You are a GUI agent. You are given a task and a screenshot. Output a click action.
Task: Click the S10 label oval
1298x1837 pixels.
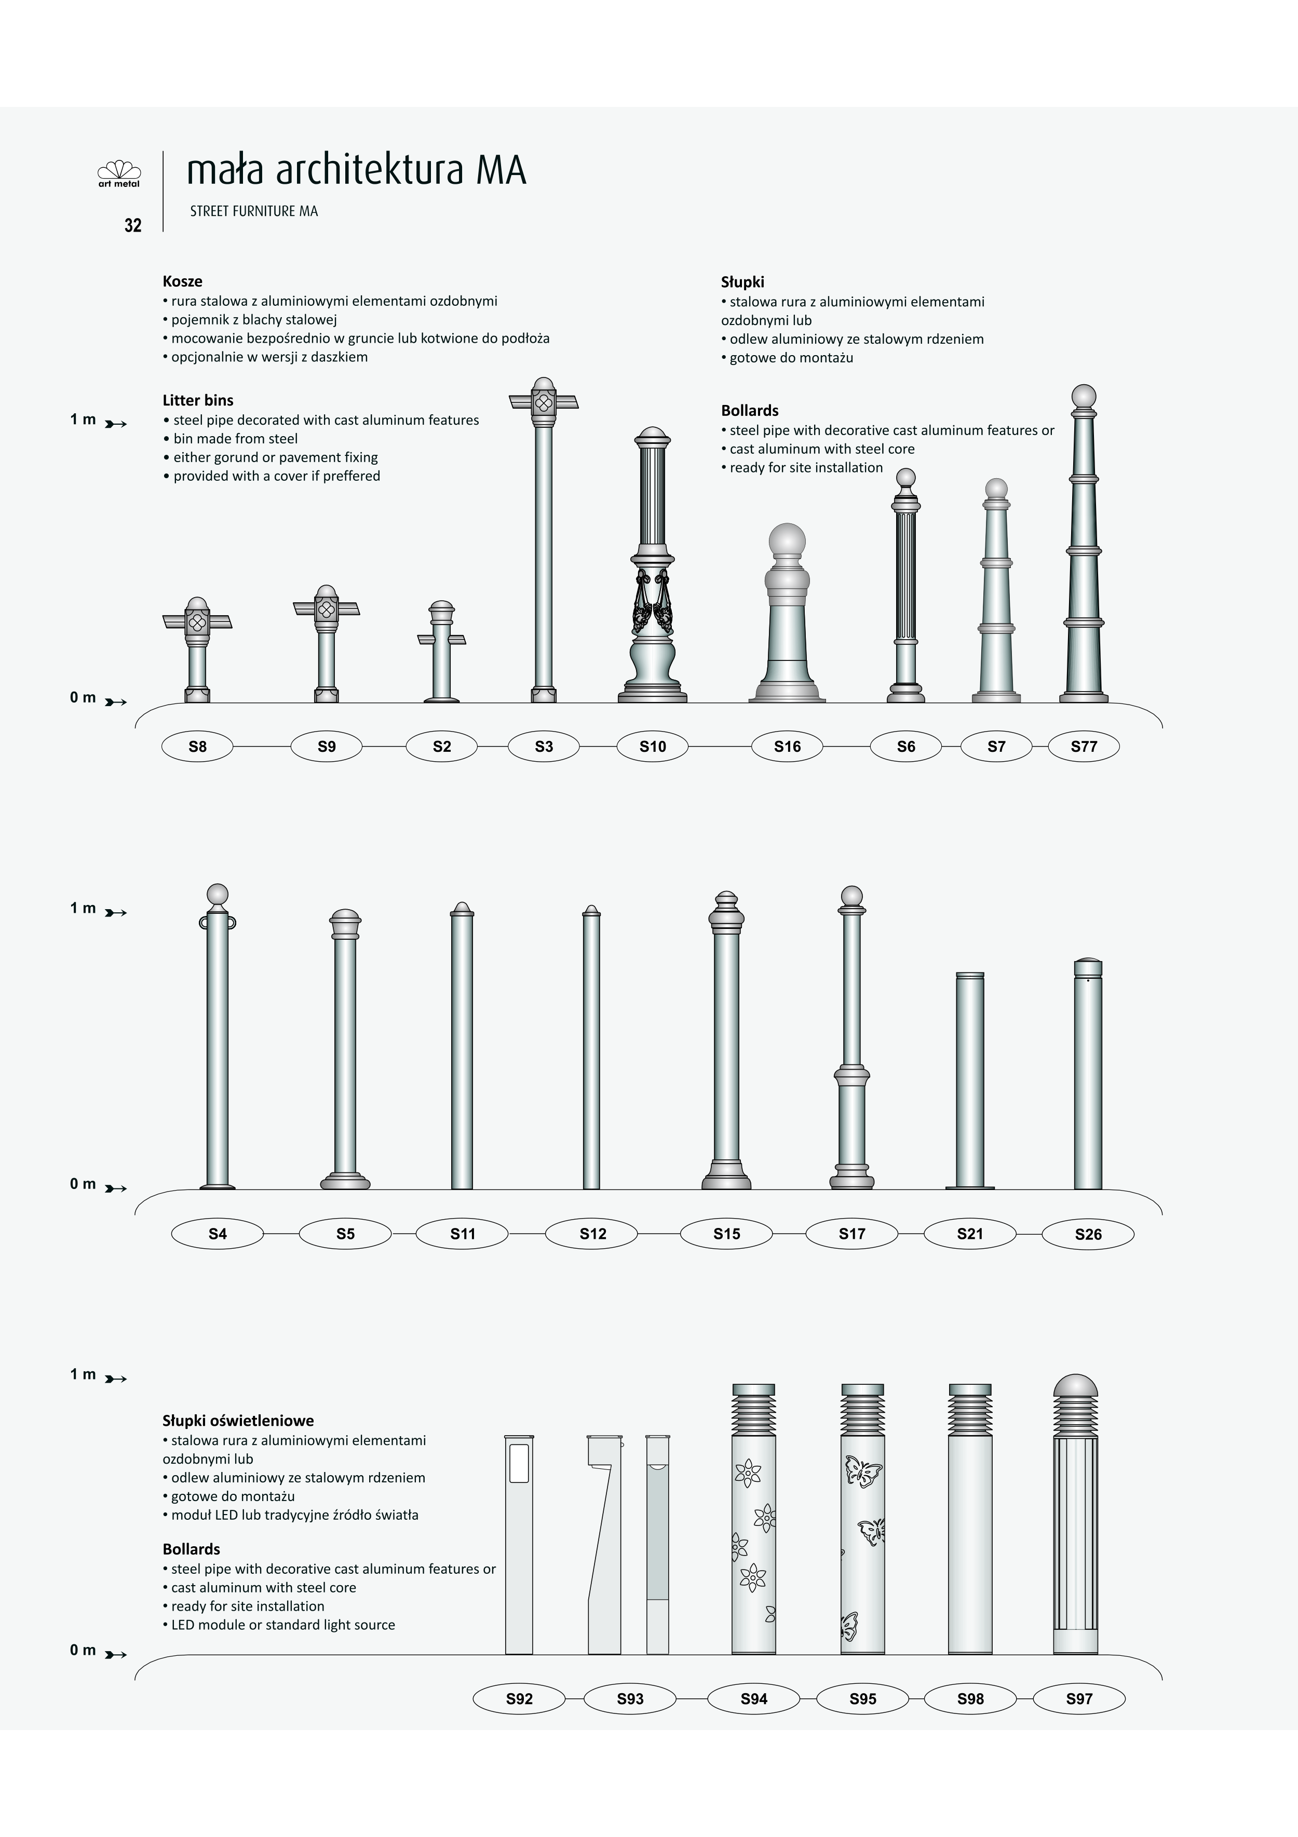click(652, 747)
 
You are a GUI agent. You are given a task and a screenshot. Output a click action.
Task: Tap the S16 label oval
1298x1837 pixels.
click(788, 747)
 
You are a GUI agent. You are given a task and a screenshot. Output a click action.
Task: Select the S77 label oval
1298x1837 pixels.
click(1084, 747)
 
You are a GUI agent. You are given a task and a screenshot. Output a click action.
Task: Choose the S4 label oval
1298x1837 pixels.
click(218, 1234)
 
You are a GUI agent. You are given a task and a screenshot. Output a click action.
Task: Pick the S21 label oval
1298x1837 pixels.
click(970, 1234)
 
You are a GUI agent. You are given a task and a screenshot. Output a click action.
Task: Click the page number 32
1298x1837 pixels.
click(133, 226)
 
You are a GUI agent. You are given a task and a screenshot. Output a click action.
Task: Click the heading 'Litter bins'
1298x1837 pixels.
click(198, 400)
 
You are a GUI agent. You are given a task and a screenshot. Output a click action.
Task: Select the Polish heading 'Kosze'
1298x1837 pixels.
click(182, 281)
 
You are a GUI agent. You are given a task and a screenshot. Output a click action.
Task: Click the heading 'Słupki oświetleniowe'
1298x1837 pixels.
click(238, 1421)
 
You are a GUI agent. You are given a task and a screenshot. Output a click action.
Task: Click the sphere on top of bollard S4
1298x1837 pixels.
click(218, 895)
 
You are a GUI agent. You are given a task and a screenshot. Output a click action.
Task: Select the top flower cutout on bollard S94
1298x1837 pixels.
click(748, 1473)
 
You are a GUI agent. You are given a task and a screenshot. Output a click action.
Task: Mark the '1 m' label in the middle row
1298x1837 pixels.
click(83, 908)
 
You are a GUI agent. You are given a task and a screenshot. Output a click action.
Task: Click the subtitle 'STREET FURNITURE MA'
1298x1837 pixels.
click(254, 211)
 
